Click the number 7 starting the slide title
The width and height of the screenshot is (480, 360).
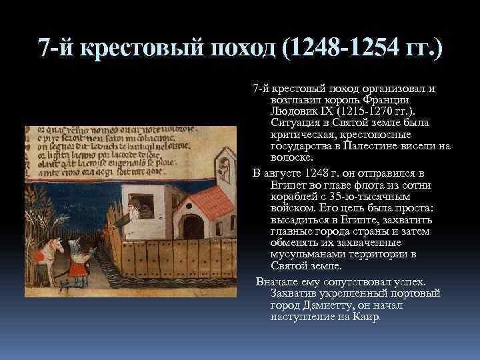[43, 49]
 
